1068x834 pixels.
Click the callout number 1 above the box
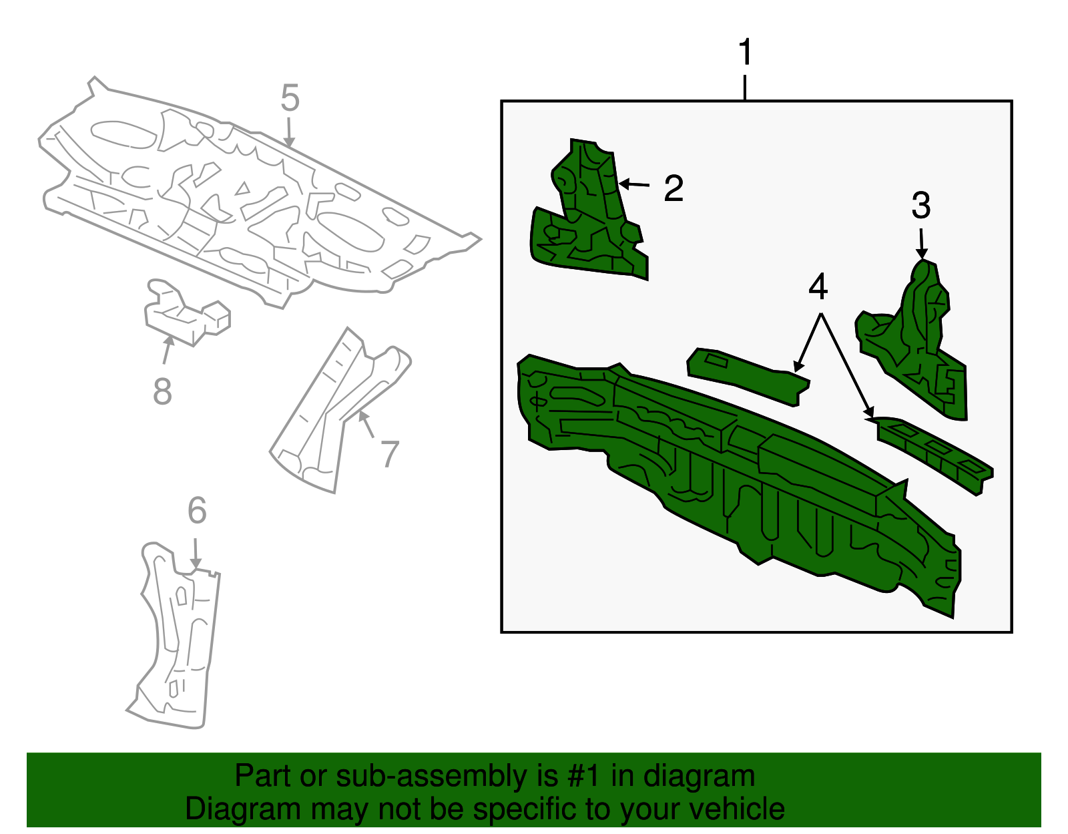tap(746, 53)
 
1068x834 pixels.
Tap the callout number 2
tap(674, 189)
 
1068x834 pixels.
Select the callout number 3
tap(921, 206)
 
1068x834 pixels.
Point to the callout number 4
tap(818, 287)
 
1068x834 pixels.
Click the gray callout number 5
tap(290, 99)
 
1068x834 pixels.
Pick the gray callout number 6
tap(197, 511)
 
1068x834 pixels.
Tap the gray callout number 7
tap(389, 455)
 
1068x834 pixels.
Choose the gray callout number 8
tap(162, 392)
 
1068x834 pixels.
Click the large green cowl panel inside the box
tap(734, 481)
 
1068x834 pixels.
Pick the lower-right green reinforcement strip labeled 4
tap(934, 451)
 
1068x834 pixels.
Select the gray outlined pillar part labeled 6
tap(180, 641)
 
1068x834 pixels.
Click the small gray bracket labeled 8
tap(187, 314)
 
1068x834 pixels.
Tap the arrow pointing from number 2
tap(635, 184)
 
